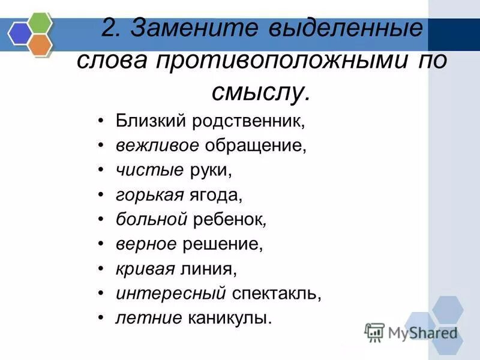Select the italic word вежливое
pyautogui.click(x=158, y=145)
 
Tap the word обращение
pyautogui.click(x=256, y=145)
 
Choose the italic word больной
pyautogui.click(x=152, y=220)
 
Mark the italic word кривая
pyautogui.click(x=144, y=269)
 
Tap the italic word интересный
pyautogui.click(x=171, y=293)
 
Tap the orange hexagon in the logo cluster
pyautogui.click(x=40, y=44)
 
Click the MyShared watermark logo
pyautogui.click(x=412, y=332)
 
